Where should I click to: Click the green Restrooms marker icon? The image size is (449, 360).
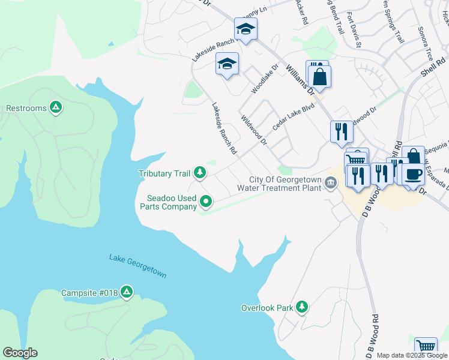coord(56,107)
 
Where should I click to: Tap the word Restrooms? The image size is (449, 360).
coord(26,109)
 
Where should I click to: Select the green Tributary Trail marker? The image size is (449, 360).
coord(200,173)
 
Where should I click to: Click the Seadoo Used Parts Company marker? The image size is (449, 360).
coord(206,201)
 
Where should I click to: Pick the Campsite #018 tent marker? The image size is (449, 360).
coord(126,292)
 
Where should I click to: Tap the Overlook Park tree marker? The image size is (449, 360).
coord(302,307)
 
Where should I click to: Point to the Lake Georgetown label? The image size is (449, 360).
coord(137,266)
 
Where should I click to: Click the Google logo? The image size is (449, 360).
coord(20,352)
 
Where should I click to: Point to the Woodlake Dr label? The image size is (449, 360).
coord(265,79)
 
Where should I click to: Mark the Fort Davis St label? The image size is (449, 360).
coord(353,32)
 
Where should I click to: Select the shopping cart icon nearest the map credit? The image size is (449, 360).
coord(426,347)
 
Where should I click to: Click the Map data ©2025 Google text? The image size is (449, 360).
coord(412,355)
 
